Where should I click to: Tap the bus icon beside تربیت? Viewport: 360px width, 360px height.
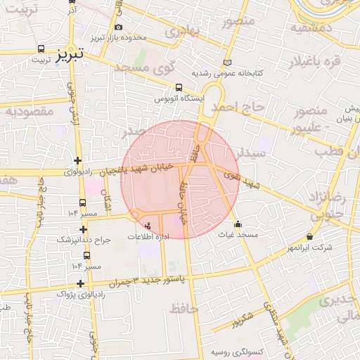pyautogui.click(x=40, y=50)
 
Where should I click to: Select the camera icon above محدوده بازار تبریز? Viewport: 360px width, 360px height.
pyautogui.click(x=118, y=27)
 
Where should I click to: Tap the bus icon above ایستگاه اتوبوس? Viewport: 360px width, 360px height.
pyautogui.click(x=179, y=89)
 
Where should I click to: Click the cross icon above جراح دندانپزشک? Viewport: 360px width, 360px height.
pyautogui.click(x=84, y=229)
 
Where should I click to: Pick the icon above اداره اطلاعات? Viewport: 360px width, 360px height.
pyautogui.click(x=147, y=226)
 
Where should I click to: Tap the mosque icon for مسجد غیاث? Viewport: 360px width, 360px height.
pyautogui.click(x=238, y=225)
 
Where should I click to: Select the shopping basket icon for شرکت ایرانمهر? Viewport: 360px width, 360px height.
pyautogui.click(x=310, y=237)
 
